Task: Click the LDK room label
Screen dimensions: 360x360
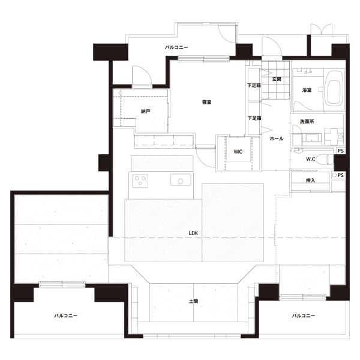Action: pos(193,233)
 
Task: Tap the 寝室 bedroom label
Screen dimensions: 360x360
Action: pos(206,102)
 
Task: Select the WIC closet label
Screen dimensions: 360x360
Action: pos(238,152)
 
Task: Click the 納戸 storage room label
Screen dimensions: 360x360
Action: pos(146,112)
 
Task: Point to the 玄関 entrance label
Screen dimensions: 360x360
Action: pos(277,79)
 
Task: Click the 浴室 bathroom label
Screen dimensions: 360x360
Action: pos(307,90)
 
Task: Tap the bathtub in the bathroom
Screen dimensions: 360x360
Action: pos(334,90)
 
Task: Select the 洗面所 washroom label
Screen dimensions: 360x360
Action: pos(307,121)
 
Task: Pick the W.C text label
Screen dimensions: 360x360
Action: pos(310,159)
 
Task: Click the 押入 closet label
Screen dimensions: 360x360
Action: pos(310,181)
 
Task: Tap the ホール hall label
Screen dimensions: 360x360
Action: pos(277,139)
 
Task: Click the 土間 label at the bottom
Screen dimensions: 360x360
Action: pos(193,301)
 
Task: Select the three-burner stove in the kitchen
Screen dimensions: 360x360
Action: pos(140,181)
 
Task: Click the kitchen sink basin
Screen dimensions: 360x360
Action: pos(181,180)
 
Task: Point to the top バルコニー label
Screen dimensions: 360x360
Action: pos(176,47)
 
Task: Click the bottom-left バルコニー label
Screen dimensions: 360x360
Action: pos(65,316)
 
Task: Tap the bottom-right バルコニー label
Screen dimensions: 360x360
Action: pos(303,316)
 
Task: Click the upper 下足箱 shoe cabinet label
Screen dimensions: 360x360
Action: pos(254,85)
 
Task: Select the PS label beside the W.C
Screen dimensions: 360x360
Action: pos(340,151)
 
